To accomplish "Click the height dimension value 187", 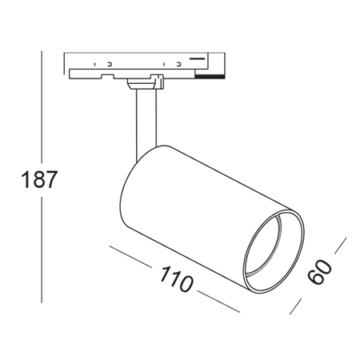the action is coord(39,179).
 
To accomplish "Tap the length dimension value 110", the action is coord(175,278).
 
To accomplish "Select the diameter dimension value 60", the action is coord(319,271).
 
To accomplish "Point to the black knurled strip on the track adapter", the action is coord(209,77).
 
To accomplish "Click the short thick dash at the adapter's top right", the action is coord(197,58).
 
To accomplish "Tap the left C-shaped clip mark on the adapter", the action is coord(110,64).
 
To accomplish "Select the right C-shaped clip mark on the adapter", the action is coord(179,64).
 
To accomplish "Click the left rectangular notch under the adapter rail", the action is coord(107,76).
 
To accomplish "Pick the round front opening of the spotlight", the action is coord(274,251).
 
